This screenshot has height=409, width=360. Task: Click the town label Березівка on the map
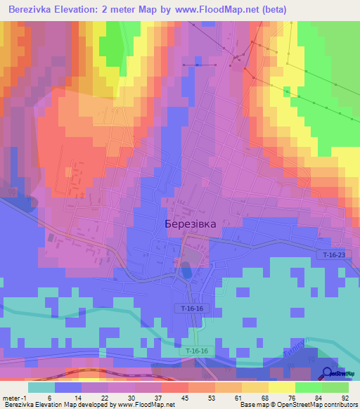[190, 223]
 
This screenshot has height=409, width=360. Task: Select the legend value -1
[24, 398]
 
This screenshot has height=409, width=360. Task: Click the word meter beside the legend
[10, 398]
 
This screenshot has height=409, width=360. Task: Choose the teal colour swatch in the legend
[41, 387]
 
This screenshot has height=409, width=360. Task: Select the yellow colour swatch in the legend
[281, 387]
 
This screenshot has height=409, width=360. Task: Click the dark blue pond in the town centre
[186, 269]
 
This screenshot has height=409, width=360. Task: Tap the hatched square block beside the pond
[197, 251]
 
